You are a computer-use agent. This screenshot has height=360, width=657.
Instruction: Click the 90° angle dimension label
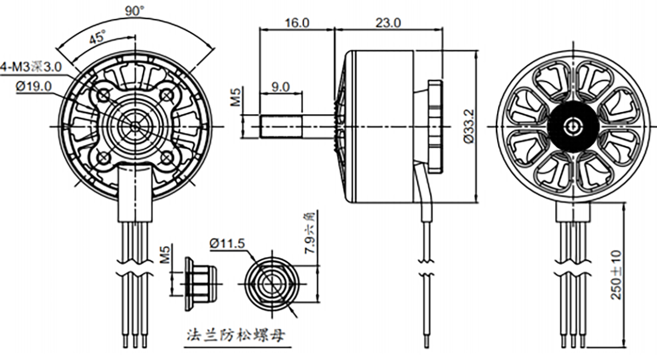coord(134,10)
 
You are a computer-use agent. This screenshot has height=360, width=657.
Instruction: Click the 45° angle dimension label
coord(97,38)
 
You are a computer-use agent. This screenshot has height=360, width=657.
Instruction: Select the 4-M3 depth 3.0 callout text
coord(31,67)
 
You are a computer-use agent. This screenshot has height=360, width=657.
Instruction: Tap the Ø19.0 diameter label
coord(33,86)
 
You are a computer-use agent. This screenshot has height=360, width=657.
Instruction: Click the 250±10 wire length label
coord(616,275)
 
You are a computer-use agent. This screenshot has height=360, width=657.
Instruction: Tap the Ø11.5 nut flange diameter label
coord(227,242)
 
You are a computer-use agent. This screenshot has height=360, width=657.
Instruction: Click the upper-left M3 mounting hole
coord(103,96)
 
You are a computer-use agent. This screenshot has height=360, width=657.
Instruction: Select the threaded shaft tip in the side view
coord(281,126)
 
